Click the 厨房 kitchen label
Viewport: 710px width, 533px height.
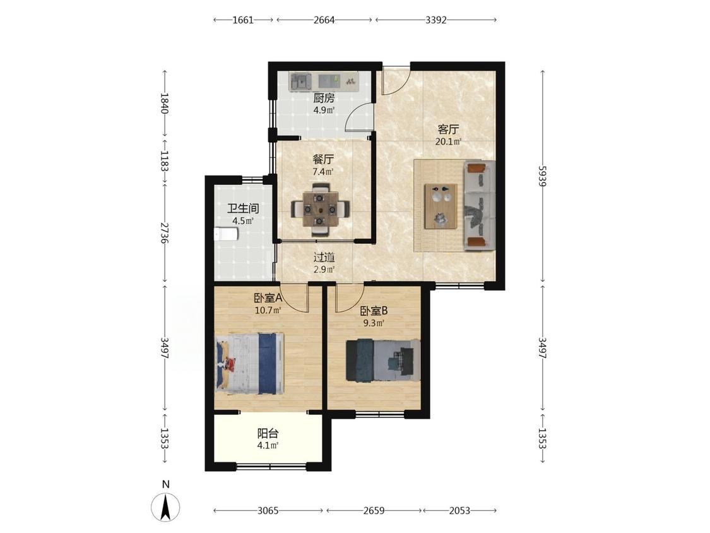click(x=324, y=98)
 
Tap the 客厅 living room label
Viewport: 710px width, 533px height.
click(x=448, y=129)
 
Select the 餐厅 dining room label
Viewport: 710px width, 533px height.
click(x=323, y=160)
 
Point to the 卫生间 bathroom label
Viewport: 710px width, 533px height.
click(x=243, y=208)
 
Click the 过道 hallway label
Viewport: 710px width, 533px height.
click(x=324, y=258)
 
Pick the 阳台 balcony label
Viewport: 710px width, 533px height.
click(x=268, y=433)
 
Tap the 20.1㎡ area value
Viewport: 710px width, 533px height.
click(x=448, y=142)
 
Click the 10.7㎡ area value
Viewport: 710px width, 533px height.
click(x=268, y=311)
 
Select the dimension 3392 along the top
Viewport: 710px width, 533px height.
click(x=436, y=20)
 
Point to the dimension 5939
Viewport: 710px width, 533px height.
click(x=543, y=176)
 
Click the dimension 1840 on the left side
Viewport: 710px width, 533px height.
click(x=164, y=104)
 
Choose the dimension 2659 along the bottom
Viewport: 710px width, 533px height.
click(x=374, y=511)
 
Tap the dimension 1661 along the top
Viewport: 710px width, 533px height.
click(x=243, y=20)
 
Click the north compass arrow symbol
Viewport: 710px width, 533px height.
click(x=166, y=506)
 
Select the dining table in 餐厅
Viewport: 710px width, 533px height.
click(x=320, y=210)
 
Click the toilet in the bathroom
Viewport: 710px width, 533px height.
click(x=225, y=234)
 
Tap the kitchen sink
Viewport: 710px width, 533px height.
click(x=300, y=81)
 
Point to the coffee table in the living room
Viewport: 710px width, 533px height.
click(x=440, y=207)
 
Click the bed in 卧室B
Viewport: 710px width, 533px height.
click(x=382, y=360)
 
